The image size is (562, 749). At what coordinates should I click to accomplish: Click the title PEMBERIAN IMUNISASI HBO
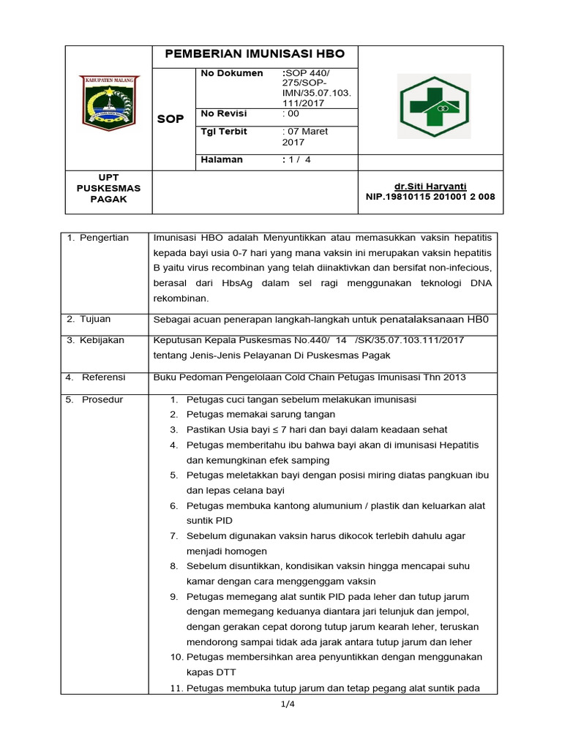point(255,55)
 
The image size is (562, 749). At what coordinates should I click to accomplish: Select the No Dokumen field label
point(232,73)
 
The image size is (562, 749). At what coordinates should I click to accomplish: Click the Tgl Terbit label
point(224,132)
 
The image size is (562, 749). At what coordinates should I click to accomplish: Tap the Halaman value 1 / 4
point(297,159)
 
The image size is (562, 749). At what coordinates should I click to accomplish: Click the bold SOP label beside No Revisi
point(171,118)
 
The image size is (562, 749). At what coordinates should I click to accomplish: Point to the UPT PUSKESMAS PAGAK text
point(108,189)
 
